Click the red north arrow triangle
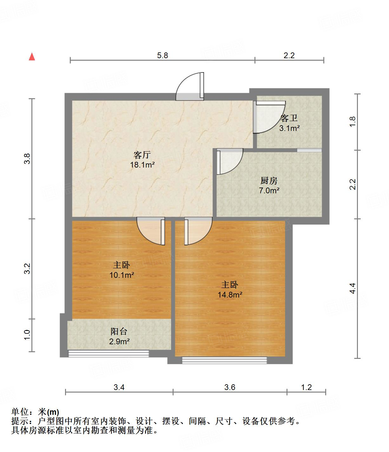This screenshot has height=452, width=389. click(32, 57)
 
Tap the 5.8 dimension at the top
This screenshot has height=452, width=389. click(162, 55)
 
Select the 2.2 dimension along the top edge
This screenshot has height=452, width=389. click(289, 55)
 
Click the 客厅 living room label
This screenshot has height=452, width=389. click(142, 155)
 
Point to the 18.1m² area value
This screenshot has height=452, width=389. click(142, 165)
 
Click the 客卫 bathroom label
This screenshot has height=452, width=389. click(289, 119)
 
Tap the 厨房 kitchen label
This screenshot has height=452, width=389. click(269, 181)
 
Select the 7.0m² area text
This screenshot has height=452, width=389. click(269, 190)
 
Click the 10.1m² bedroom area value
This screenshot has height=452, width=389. click(122, 275)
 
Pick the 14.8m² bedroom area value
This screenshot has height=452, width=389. click(230, 295)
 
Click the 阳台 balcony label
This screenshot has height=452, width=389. click(119, 332)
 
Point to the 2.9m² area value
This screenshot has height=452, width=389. click(119, 342)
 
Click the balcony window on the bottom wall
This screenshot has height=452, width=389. click(109, 353)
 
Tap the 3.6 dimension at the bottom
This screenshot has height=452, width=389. click(230, 387)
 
